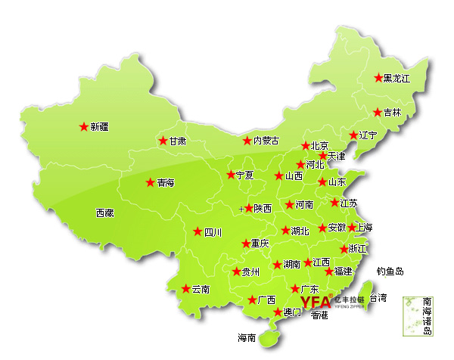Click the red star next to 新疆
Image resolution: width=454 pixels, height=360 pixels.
click(83, 127)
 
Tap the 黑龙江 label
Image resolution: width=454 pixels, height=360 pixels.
click(397, 78)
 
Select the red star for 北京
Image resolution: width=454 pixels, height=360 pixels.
click(305, 146)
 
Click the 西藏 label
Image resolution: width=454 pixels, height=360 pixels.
click(104, 213)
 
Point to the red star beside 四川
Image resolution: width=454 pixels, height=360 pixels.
click(197, 232)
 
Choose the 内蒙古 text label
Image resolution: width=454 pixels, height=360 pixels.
click(266, 141)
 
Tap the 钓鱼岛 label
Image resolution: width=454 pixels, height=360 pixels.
click(390, 271)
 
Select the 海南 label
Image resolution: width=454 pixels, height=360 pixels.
click(247, 337)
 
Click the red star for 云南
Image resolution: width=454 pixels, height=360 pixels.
click(185, 288)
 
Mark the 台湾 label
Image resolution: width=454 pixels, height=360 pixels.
click(377, 297)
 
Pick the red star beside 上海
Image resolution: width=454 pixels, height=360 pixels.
click(351, 227)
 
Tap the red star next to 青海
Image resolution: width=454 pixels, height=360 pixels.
click(150, 182)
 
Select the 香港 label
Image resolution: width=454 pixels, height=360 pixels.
click(319, 315)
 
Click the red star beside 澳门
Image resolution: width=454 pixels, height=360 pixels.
click(277, 312)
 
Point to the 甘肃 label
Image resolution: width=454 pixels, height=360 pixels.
click(178, 141)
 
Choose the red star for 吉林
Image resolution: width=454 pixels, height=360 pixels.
click(378, 113)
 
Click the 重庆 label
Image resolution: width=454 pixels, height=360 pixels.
click(260, 244)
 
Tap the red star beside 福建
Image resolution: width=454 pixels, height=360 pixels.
click(328, 272)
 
